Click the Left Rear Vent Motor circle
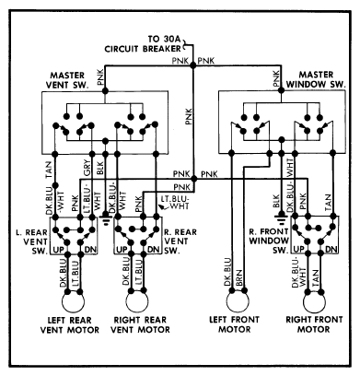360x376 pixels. point(73,301)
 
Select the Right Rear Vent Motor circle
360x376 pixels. point(137,301)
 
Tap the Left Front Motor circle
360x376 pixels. point(238,301)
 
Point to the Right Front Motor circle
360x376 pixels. point(314,301)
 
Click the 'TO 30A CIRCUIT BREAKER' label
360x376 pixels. point(143,44)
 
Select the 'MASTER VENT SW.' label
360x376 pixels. point(67,80)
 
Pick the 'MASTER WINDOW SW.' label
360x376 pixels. point(316,79)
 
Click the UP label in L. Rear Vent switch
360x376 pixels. point(58,250)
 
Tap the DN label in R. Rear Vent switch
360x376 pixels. point(153,250)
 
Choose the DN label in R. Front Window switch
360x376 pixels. point(331,250)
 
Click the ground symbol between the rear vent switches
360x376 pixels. point(106,220)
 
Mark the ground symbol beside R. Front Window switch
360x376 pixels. point(281,220)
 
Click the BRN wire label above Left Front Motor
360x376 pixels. point(239,277)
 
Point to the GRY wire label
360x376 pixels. point(87,169)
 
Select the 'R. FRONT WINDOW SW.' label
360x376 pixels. point(269,241)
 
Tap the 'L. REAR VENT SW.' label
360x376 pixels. point(32,241)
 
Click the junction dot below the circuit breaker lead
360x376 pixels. point(193,65)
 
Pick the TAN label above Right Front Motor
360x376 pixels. point(315,277)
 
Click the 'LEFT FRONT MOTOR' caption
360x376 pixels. point(234,324)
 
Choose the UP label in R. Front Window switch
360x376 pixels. point(298,250)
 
